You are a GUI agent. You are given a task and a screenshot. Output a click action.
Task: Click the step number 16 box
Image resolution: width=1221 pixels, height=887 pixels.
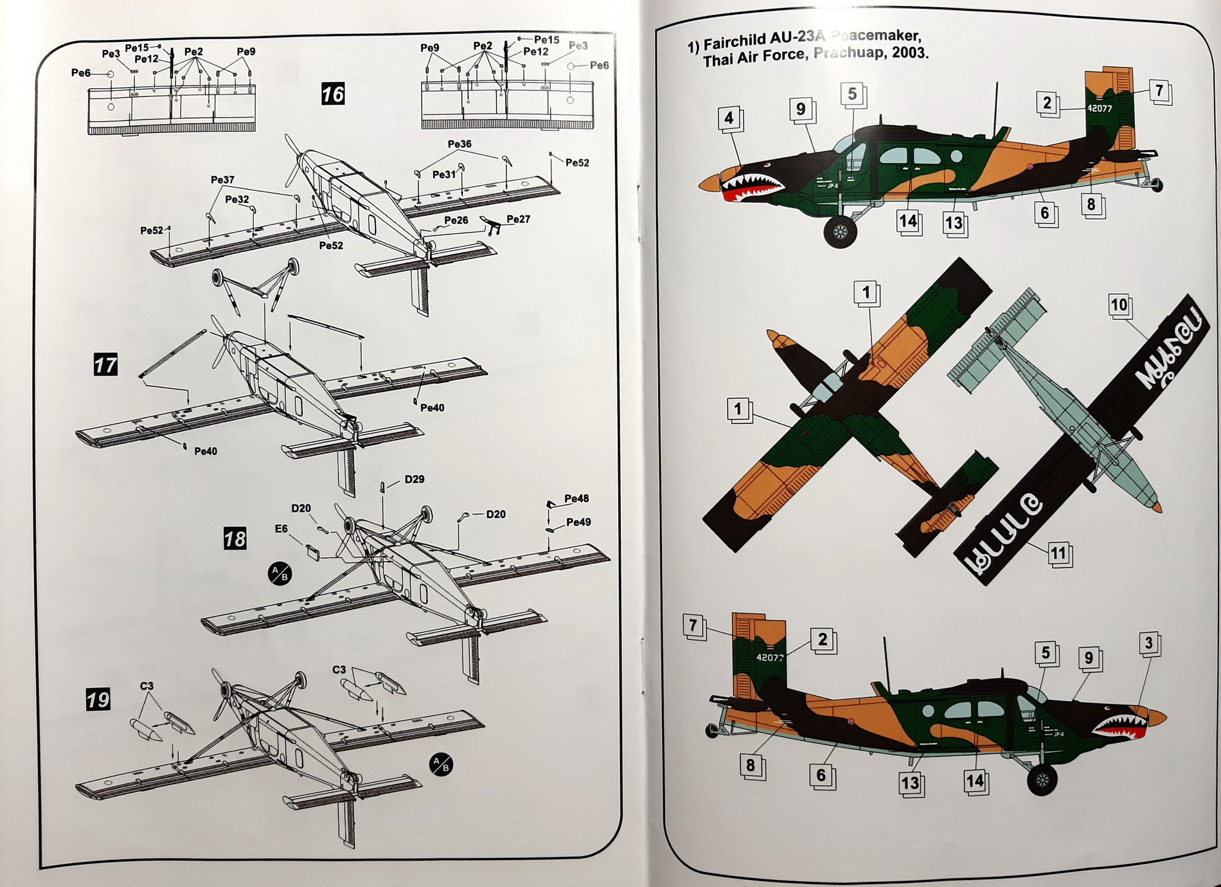click(333, 94)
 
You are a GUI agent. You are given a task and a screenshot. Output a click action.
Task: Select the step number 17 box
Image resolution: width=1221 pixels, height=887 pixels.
click(105, 365)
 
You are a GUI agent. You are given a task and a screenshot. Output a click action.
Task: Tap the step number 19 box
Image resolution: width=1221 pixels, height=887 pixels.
click(98, 699)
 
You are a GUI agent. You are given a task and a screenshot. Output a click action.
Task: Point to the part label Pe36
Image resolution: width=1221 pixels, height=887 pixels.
click(459, 144)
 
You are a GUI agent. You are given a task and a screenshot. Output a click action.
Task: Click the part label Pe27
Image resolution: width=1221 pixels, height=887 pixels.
click(518, 219)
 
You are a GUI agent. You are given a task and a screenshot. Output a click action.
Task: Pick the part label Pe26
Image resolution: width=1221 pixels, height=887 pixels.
click(456, 220)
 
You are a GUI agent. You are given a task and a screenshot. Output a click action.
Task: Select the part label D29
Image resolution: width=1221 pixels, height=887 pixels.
click(414, 479)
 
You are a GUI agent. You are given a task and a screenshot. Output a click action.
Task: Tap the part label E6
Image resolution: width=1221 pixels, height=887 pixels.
click(281, 528)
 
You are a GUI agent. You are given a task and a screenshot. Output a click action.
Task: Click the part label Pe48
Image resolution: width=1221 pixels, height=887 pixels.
click(576, 499)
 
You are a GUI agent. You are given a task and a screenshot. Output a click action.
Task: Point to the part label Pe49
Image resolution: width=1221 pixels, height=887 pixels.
click(578, 522)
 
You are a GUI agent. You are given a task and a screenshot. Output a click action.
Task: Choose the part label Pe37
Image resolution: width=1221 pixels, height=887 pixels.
click(222, 180)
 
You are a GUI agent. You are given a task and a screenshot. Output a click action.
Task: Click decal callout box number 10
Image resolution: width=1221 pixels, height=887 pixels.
click(1119, 305)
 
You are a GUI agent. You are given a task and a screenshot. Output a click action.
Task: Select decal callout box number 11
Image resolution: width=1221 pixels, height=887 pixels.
click(1058, 553)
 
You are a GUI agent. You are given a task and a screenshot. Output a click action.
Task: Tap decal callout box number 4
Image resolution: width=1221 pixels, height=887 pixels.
click(729, 118)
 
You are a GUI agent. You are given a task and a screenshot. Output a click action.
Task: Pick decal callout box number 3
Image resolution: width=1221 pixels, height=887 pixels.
click(1149, 643)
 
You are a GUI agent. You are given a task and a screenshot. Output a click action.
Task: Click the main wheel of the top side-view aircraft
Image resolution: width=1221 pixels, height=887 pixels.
click(840, 232)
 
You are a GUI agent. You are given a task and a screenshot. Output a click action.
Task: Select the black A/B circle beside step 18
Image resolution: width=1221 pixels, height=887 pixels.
click(280, 573)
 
